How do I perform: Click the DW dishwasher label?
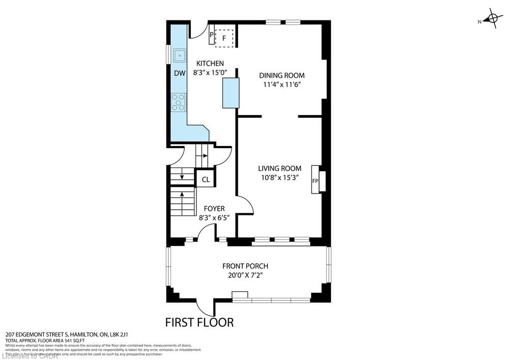point(179,73)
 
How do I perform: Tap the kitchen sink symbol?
point(179,54)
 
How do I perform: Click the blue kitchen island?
point(231,93)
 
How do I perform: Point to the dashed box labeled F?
point(224,38)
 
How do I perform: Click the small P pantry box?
point(212,35)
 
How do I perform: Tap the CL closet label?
point(206,179)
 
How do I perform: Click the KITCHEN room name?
point(210,64)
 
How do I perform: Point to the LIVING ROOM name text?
point(279,169)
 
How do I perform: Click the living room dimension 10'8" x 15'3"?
point(279,178)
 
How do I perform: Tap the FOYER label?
point(214,208)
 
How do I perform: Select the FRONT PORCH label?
point(245,266)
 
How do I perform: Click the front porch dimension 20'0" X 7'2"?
point(245,275)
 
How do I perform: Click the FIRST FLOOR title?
point(199,322)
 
